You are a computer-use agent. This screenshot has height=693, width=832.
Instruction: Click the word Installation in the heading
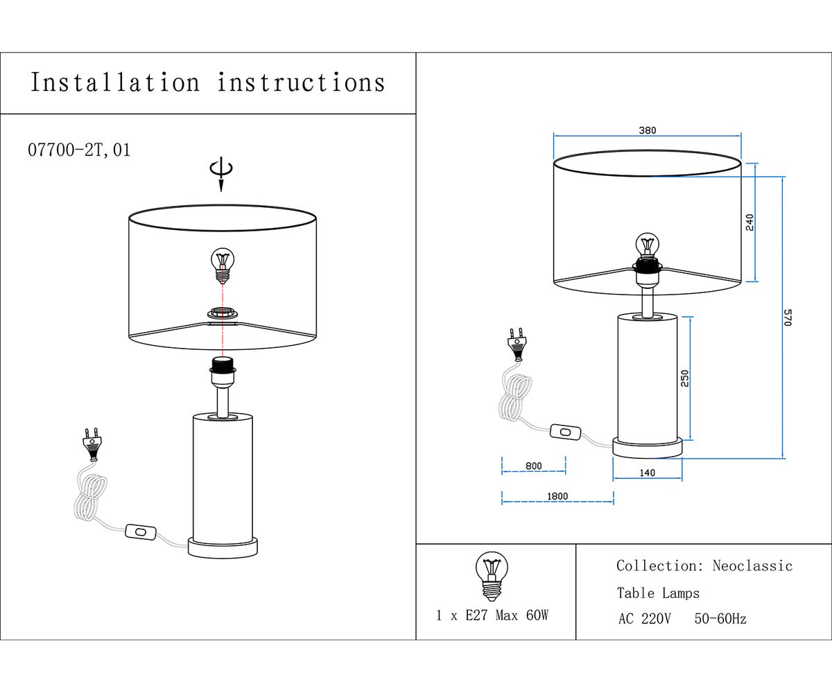tap(115, 82)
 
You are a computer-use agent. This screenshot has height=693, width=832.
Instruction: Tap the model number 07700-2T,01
tap(79, 150)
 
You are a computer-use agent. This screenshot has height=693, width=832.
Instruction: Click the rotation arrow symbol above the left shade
tap(221, 172)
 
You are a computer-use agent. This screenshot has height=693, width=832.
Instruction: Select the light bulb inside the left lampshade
tap(223, 265)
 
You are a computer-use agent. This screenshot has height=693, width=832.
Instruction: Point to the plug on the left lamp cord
tap(92, 444)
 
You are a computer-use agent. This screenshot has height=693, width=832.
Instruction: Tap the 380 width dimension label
tap(647, 130)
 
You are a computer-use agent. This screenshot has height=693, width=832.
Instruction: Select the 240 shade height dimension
tap(749, 222)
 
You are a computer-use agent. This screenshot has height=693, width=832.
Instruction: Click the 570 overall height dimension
tap(788, 317)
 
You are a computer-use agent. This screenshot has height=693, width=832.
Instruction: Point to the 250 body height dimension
tap(685, 378)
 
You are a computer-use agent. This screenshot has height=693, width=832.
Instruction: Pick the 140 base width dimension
tap(647, 473)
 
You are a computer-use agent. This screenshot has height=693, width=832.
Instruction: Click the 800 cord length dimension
tap(533, 466)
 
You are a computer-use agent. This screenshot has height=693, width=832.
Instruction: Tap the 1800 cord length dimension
tap(557, 496)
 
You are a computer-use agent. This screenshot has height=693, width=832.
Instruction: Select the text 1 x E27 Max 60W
tap(492, 615)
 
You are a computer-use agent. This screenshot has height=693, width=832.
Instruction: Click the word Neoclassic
tap(752, 566)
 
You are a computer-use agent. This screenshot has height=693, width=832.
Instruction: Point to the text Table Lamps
tap(658, 593)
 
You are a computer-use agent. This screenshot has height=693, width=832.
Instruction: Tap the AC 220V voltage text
tap(644, 619)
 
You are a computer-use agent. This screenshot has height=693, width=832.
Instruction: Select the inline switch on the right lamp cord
tap(566, 432)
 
